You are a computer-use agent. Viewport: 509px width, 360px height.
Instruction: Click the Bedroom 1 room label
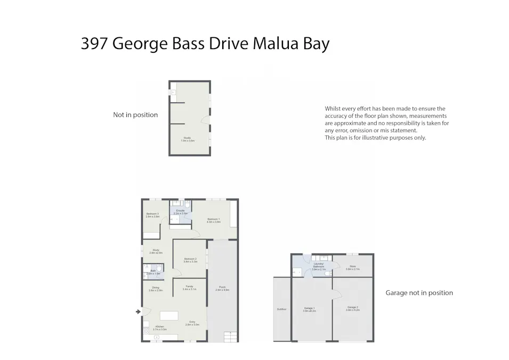(x=213, y=220)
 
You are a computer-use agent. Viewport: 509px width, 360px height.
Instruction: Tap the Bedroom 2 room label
(x=190, y=260)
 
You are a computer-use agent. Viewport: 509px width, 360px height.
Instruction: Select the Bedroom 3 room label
(x=153, y=215)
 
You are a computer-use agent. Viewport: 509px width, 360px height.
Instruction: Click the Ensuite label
(x=181, y=212)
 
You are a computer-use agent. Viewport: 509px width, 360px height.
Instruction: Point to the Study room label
(x=156, y=251)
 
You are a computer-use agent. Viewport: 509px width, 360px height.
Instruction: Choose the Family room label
(x=189, y=287)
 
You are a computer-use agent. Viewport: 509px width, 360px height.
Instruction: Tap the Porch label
(x=222, y=289)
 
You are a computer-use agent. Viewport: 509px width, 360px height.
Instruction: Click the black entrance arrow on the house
(x=139, y=311)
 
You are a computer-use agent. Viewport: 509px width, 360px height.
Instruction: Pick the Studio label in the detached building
(x=187, y=139)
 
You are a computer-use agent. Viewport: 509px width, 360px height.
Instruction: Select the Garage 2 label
(x=352, y=308)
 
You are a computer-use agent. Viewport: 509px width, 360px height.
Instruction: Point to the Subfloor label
(x=281, y=309)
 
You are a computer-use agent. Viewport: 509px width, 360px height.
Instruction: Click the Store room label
(x=352, y=268)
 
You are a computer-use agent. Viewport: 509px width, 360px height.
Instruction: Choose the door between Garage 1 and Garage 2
(x=336, y=294)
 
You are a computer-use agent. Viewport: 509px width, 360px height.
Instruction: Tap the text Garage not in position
(x=419, y=293)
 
